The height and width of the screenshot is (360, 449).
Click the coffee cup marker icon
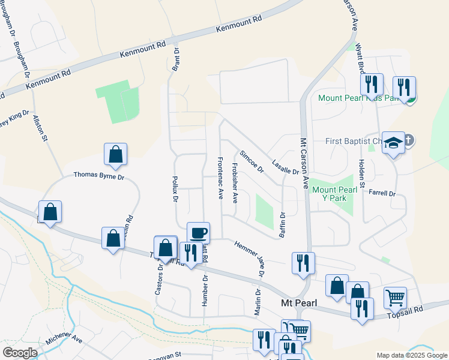[x=198, y=232]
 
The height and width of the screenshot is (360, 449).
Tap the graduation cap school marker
[x=393, y=143]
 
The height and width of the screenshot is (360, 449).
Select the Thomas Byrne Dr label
[x=98, y=176]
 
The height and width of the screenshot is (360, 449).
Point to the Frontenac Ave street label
[x=220, y=178]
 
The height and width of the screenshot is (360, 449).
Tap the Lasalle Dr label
[x=285, y=167]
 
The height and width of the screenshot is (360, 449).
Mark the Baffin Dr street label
[x=282, y=225]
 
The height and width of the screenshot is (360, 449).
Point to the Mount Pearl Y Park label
[x=334, y=194]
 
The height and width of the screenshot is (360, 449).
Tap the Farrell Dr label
[x=382, y=193]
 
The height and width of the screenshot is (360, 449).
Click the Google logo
[x=19, y=353]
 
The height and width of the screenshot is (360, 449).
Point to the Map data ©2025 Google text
[x=412, y=355]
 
